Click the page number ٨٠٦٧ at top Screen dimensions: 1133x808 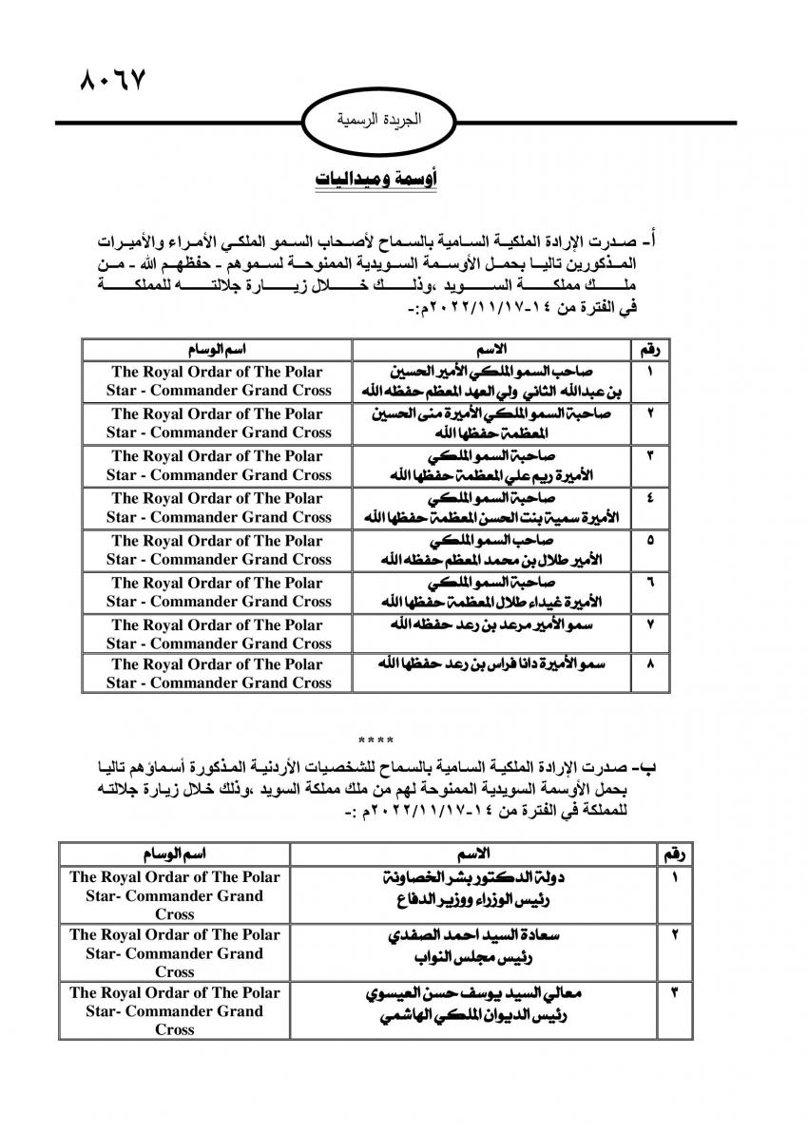click(110, 80)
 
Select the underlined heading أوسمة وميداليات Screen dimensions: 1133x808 click(375, 181)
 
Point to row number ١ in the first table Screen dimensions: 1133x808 click(649, 371)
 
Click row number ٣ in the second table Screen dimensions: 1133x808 click(675, 994)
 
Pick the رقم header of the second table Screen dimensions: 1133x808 click(675, 855)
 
